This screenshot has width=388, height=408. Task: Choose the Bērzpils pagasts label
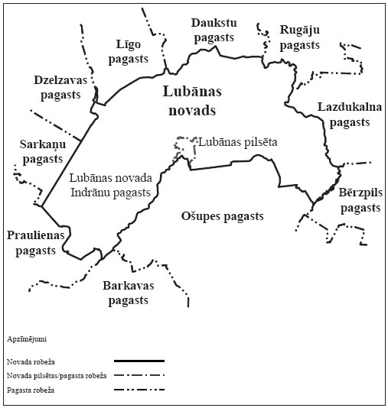[x=359, y=200]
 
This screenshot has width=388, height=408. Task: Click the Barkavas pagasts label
[x=128, y=293]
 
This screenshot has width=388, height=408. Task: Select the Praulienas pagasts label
[x=33, y=242]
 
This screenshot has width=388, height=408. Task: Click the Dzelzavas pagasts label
[x=57, y=87]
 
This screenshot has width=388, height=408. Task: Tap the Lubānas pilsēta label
[x=237, y=142]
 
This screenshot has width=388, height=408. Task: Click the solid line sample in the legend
[x=139, y=360]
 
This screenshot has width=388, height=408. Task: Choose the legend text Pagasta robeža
[x=34, y=390]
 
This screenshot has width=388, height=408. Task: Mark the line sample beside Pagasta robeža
[x=139, y=390]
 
